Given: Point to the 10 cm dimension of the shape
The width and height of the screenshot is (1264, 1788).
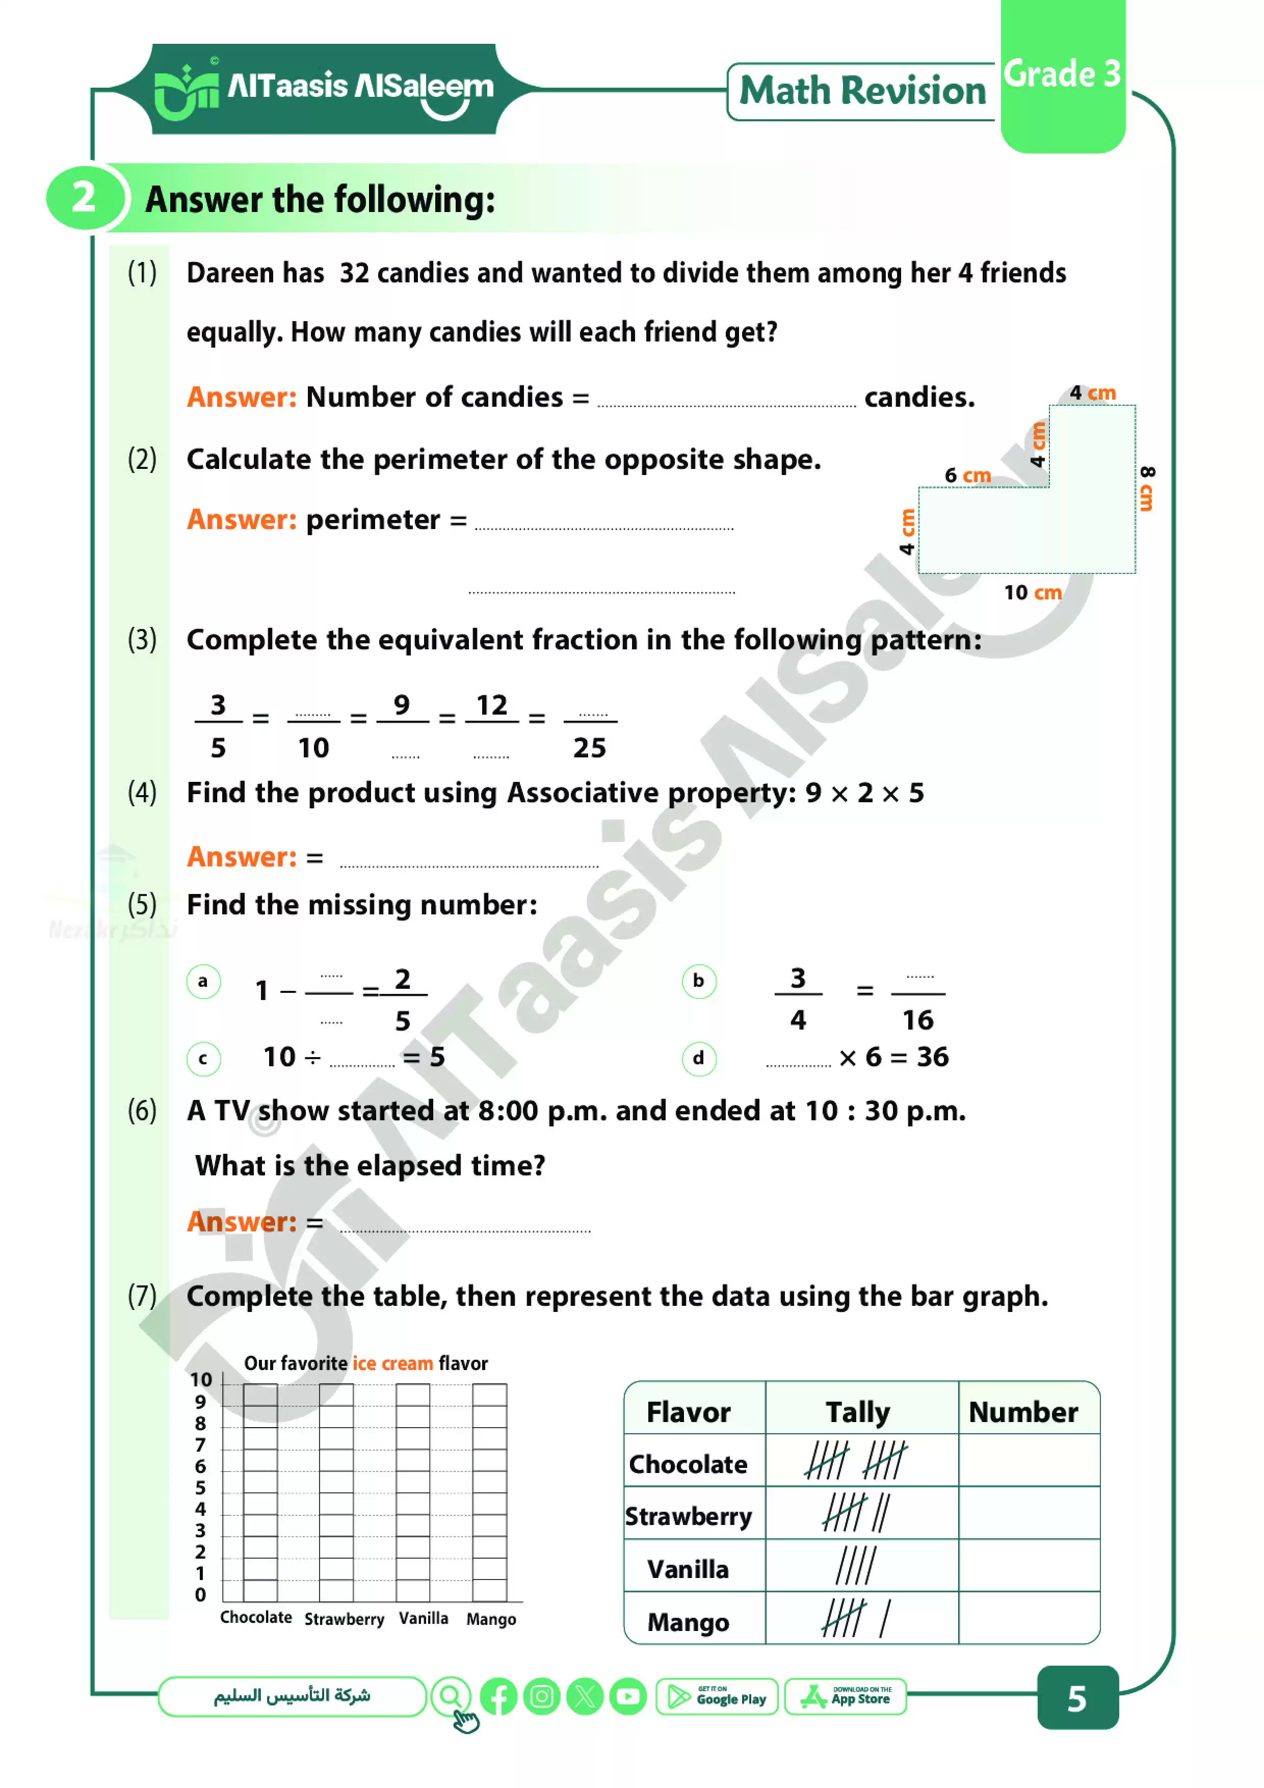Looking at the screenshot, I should point(1032,593).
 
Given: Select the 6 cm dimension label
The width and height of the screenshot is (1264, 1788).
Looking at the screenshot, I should point(967,475).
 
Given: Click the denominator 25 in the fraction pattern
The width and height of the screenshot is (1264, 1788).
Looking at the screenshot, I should point(590,748).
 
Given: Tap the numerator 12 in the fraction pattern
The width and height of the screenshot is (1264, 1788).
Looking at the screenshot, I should point(491,705).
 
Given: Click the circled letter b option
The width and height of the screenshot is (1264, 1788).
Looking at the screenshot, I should point(699,981).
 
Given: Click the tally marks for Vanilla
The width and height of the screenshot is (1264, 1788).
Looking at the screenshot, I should point(856,1566).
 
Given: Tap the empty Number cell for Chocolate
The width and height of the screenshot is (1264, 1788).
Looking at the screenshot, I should point(1028,1462).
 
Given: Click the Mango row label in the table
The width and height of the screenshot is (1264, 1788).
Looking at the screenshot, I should point(689,1623).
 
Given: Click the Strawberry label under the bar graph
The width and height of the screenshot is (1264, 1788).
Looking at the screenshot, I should point(344,1620).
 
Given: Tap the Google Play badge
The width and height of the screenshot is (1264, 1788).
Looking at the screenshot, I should point(717,1697).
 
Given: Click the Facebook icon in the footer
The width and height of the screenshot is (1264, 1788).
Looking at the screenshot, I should point(498,1697).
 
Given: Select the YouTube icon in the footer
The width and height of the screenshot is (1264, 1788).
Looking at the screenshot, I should point(628,1697).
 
